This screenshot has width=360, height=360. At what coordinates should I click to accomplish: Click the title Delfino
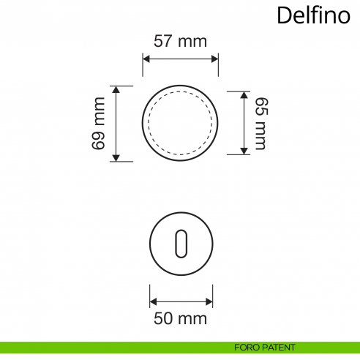click(314, 16)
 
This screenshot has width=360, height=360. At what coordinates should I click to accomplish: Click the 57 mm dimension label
click(180, 41)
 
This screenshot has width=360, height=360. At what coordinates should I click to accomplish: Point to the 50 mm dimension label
click(180, 319)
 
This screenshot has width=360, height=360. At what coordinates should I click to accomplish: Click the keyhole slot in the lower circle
click(181, 244)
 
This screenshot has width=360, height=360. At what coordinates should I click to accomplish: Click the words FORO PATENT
click(265, 347)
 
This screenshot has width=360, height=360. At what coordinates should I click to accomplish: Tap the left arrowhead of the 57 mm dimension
click(146, 58)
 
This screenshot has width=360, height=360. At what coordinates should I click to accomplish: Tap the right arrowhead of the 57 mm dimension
click(214, 58)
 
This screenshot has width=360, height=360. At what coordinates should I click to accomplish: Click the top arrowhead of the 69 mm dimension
click(116, 89)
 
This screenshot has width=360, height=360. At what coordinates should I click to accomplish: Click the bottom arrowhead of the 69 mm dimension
click(116, 157)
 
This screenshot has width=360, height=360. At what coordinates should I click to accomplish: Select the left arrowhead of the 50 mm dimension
click(153, 300)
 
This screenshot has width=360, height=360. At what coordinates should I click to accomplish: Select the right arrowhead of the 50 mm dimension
click(210, 300)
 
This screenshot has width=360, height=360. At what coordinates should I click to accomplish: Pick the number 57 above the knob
click(163, 41)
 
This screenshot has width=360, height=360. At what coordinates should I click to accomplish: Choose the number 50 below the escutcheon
click(163, 319)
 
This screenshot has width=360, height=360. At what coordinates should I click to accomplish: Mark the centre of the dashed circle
click(180, 123)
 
